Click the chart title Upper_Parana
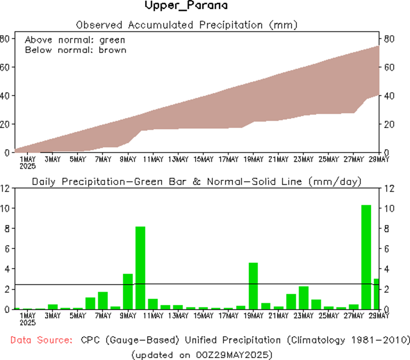pos(186,6)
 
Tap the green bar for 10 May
pos(140,267)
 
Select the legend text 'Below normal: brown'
pos(75,50)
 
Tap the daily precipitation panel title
pos(196,182)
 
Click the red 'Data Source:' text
pos(42,340)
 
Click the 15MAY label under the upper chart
pos(204,159)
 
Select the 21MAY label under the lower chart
pos(279,316)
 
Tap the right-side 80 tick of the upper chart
pos(390,39)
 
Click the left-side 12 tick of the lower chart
pos(5,188)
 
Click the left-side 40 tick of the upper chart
pos(5,96)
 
